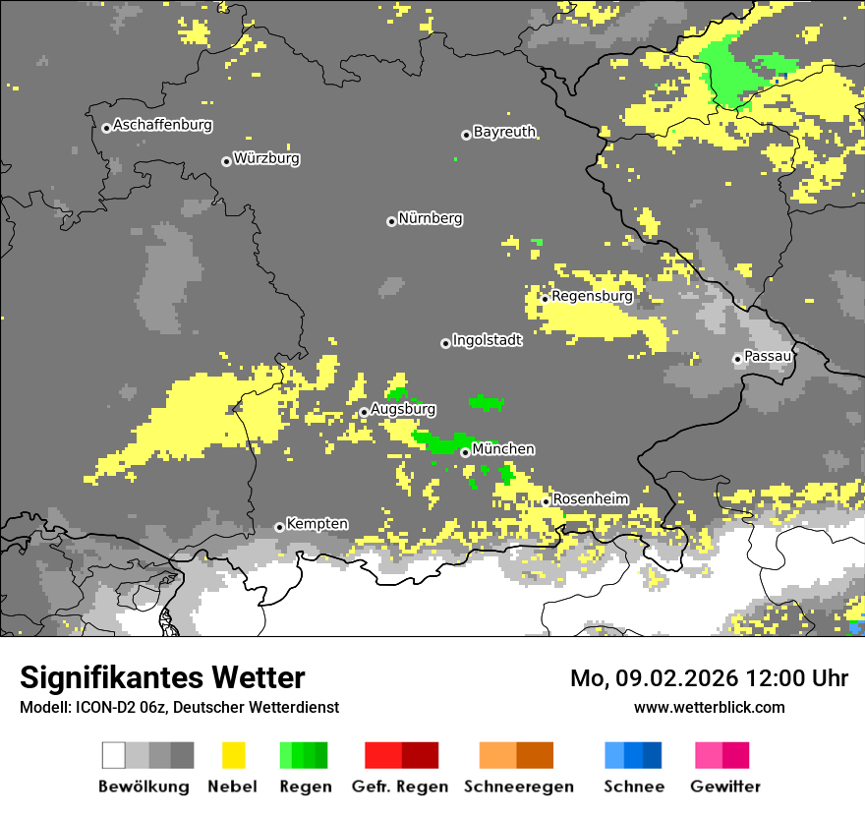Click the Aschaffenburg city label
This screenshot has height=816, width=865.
[x=162, y=125]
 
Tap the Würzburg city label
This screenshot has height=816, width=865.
[x=266, y=158]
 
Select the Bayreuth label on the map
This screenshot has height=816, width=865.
[x=504, y=132]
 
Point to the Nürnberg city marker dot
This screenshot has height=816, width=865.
[x=391, y=221]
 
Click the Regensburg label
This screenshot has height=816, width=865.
[x=592, y=295]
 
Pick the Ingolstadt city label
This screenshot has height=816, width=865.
[x=487, y=340]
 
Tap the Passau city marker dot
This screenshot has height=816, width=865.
[x=737, y=359]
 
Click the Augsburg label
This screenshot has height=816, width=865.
[x=403, y=409]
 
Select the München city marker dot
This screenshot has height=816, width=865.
[x=465, y=452]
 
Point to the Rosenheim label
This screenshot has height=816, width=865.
[x=590, y=499]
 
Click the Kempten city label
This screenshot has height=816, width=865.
[x=317, y=524]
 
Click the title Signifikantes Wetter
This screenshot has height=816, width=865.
[x=162, y=677]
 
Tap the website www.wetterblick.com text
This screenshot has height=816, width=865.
[x=709, y=707]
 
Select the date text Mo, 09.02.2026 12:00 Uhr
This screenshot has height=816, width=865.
[x=709, y=678]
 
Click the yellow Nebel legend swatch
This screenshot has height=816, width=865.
[x=233, y=755]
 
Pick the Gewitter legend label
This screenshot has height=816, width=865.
[x=725, y=787]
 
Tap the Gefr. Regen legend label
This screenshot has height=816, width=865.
[x=400, y=787]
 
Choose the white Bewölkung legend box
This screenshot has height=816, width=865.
[x=113, y=755]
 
